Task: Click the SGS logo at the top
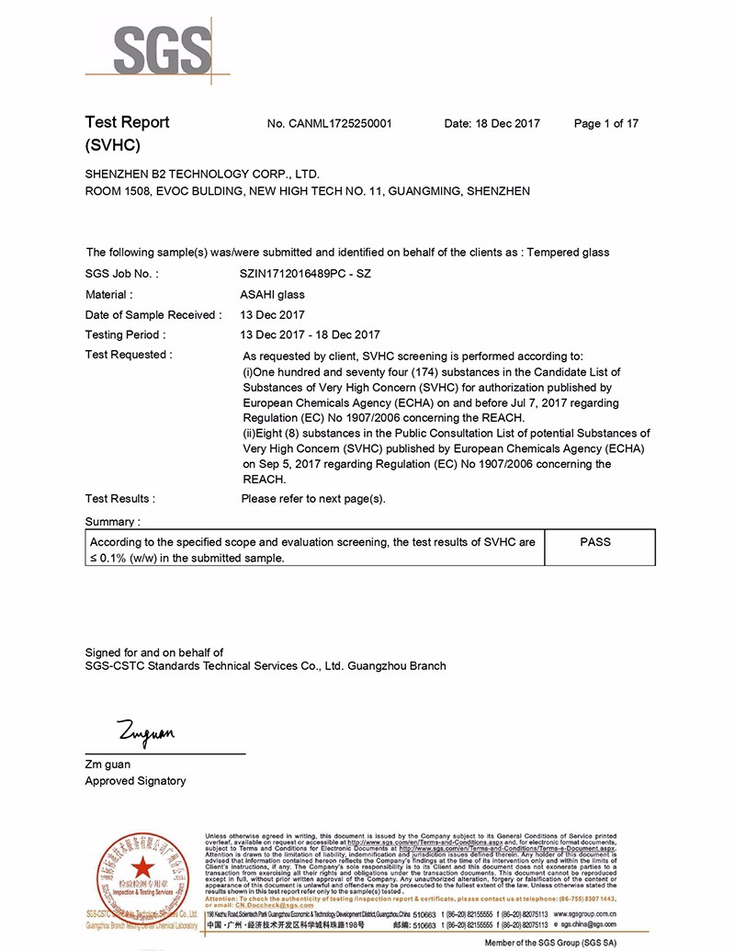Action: [x=158, y=48]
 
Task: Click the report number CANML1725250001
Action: [x=329, y=124]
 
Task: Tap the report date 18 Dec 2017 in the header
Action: [x=492, y=124]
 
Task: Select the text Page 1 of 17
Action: [x=605, y=124]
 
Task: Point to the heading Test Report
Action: [x=127, y=122]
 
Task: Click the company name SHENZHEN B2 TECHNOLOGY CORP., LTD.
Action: [x=202, y=174]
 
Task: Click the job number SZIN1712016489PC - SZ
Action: [x=305, y=274]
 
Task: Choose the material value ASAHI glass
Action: [x=272, y=295]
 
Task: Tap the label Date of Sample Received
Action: [x=153, y=315]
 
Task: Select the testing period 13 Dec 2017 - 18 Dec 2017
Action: [x=310, y=335]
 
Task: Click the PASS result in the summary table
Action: [x=595, y=542]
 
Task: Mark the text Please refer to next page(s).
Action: [x=313, y=499]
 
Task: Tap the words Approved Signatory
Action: [x=135, y=781]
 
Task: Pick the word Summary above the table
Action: [x=112, y=522]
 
